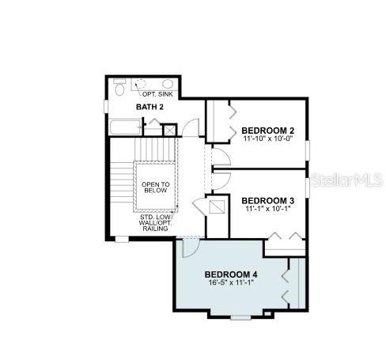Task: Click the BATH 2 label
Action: (149, 107)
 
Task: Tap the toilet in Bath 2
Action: (119, 87)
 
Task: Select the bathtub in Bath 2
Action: (125, 127)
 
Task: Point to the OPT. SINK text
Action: (157, 94)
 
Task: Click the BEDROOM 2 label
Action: (268, 131)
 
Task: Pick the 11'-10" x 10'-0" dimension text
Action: (268, 138)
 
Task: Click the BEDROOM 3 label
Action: (268, 201)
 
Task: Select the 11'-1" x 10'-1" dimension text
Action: (268, 209)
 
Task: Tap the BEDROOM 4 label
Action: (231, 275)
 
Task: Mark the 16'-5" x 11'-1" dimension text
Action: (231, 282)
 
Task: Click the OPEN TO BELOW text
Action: (156, 188)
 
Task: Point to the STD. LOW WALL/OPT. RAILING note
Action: (156, 222)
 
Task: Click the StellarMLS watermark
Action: (346, 180)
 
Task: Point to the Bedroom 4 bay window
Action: (240, 317)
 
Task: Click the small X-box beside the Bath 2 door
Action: (169, 130)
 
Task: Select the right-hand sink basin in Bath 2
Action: (168, 84)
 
